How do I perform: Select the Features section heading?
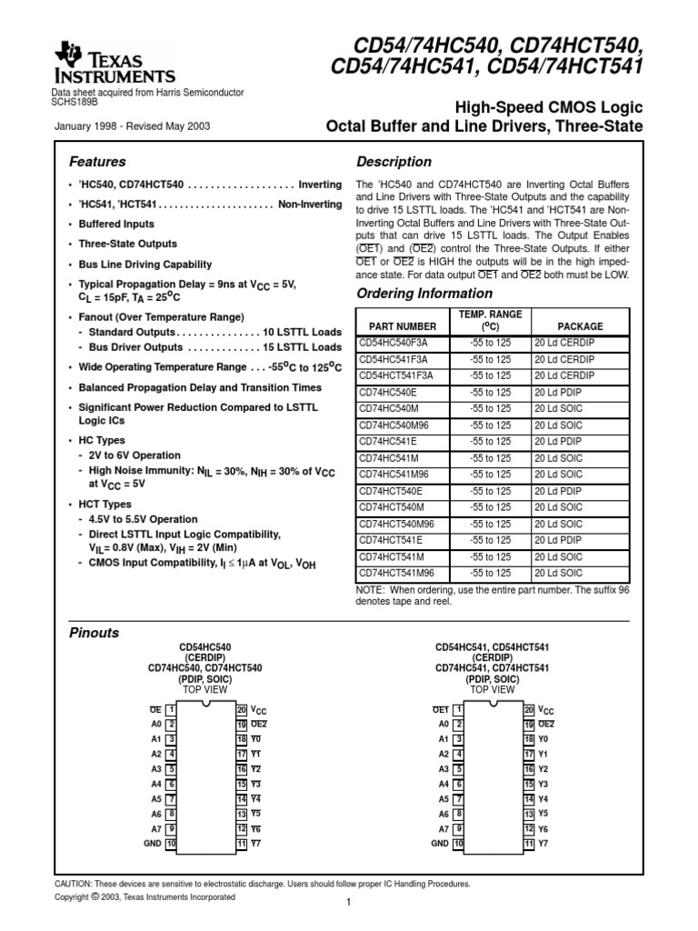click(x=98, y=162)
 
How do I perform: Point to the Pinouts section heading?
click(x=95, y=632)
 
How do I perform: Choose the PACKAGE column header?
click(x=580, y=326)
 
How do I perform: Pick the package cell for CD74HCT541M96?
click(x=559, y=573)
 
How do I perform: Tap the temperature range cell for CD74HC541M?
click(x=491, y=457)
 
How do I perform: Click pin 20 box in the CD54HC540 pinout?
click(x=241, y=709)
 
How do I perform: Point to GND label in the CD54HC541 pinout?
click(x=440, y=844)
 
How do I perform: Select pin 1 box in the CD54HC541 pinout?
click(x=458, y=709)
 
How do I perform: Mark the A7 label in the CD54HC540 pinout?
click(x=155, y=829)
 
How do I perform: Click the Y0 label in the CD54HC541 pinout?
click(x=543, y=739)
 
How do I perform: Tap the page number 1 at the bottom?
click(x=348, y=903)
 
